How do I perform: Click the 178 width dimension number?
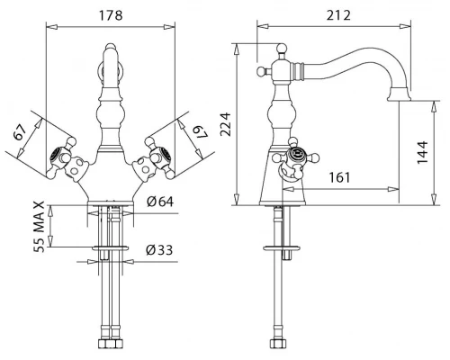(111, 15)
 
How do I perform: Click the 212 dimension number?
(338, 15)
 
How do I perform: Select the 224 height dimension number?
(226, 124)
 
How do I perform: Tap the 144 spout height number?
(422, 152)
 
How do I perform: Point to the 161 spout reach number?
(339, 177)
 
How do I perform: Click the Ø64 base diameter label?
(160, 202)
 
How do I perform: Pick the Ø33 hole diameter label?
(159, 249)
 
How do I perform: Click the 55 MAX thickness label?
(39, 227)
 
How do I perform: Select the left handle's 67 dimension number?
(20, 132)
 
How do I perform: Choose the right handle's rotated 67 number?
(200, 131)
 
